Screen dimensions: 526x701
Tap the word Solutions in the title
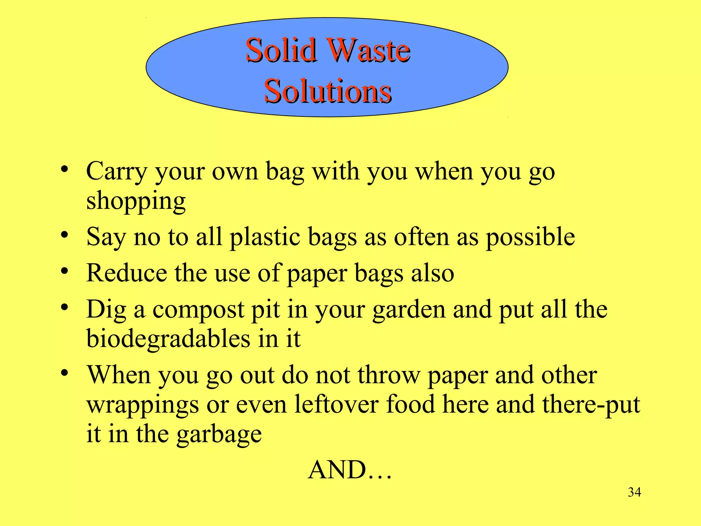pyautogui.click(x=328, y=91)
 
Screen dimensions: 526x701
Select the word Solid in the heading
pyautogui.click(x=281, y=50)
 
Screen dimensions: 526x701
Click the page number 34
pyautogui.click(x=634, y=492)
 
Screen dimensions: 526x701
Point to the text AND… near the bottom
pyautogui.click(x=349, y=470)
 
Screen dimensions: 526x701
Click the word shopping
pyautogui.click(x=136, y=201)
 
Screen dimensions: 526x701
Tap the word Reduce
pyautogui.click(x=126, y=273)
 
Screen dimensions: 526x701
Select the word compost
pyautogui.click(x=198, y=310)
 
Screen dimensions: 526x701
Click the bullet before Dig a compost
pyautogui.click(x=64, y=308)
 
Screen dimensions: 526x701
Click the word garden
pyautogui.click(x=409, y=310)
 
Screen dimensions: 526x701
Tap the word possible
pyautogui.click(x=531, y=237)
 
